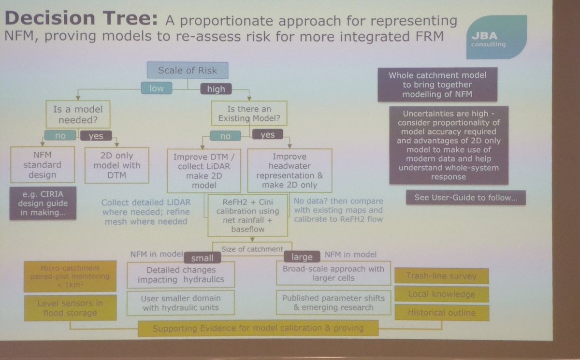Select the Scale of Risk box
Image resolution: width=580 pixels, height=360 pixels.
[188, 71]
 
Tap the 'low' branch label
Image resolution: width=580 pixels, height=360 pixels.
[156, 88]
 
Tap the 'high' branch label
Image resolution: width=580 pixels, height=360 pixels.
[216, 88]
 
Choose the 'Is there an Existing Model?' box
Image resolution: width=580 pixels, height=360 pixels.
[249, 114]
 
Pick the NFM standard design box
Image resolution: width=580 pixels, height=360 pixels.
[43, 165]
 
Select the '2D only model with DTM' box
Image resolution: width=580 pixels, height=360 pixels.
[117, 165]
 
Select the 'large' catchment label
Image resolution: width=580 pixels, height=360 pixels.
[302, 257]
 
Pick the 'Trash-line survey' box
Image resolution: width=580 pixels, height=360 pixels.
[441, 276]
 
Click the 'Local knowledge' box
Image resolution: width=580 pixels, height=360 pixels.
[441, 294]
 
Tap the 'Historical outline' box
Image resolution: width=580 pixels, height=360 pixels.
[441, 313]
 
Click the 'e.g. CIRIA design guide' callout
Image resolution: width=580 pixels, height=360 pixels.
[43, 203]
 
